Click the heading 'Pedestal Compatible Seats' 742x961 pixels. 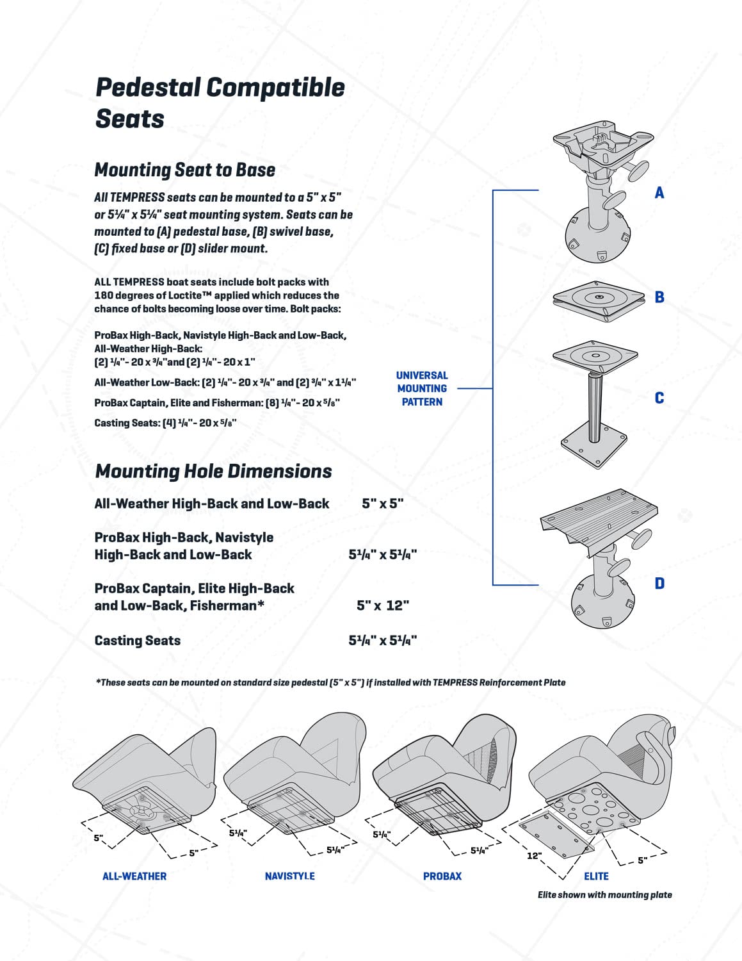pos(220,103)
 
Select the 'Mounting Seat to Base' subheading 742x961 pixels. pos(184,170)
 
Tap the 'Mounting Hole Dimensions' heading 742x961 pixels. pos(213,472)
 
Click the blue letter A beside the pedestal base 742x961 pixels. pos(659,193)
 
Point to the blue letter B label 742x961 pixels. pos(659,297)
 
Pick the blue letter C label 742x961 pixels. pos(659,398)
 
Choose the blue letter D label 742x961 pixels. pos(659,584)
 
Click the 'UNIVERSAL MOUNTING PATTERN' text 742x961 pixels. pos(422,388)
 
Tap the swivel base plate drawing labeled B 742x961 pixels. pos(598,299)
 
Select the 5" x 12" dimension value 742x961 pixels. pos(383,605)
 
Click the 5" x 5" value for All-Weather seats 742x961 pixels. pos(383,504)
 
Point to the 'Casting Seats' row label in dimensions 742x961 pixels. pos(137,641)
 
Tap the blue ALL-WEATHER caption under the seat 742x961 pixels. pos(134,876)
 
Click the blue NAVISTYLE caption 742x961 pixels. pos(289,876)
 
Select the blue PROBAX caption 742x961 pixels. pos(442,876)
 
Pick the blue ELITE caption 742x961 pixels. pos(596,876)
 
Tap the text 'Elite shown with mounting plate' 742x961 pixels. pos(604,895)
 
